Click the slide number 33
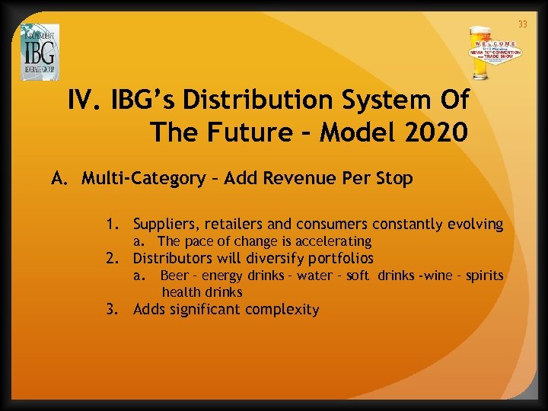point(522,24)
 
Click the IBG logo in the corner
point(40,52)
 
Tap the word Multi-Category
point(143,179)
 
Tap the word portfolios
point(339,258)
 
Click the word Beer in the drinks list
point(174,276)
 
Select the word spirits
point(484,276)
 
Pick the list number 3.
point(112,310)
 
